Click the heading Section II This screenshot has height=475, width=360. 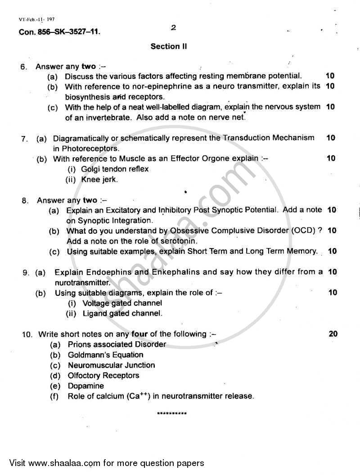[x=169, y=46]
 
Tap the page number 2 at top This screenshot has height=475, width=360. [x=173, y=28]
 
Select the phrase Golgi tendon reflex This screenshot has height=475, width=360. [x=115, y=169]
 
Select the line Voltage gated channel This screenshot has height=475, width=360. [x=122, y=303]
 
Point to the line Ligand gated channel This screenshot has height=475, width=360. [x=122, y=313]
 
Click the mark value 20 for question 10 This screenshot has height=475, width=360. [x=333, y=334]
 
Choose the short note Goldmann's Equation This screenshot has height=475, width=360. [x=105, y=355]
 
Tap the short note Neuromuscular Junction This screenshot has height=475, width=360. [x=111, y=365]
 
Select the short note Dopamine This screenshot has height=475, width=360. [x=85, y=386]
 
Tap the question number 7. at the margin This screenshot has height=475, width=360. [x=25, y=138]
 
